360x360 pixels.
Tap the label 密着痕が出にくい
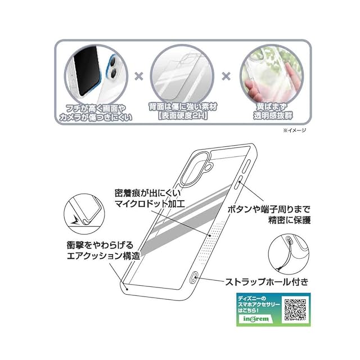point(145,191)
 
